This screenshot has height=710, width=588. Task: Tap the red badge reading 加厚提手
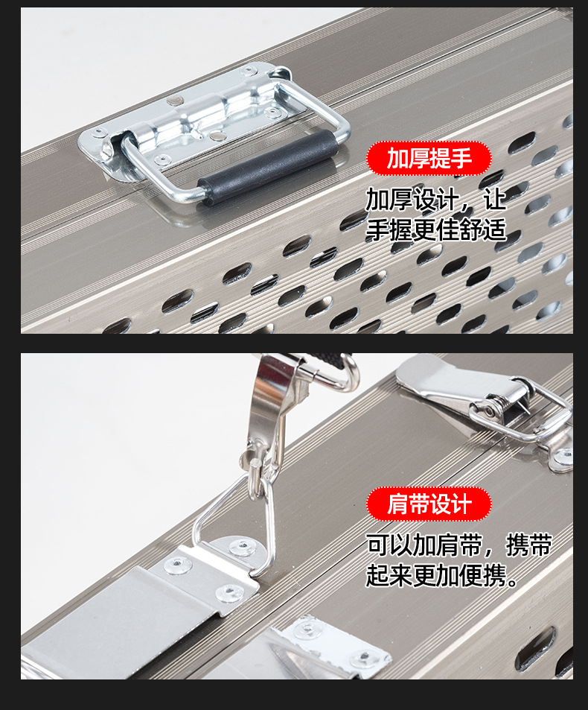[x=429, y=158]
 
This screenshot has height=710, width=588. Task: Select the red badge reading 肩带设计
[x=429, y=504]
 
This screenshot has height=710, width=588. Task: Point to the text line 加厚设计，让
[x=435, y=199]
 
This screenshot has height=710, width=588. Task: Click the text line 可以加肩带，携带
[x=458, y=545]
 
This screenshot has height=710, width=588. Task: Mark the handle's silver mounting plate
[x=186, y=119]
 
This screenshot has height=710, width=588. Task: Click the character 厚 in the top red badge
[x=418, y=158]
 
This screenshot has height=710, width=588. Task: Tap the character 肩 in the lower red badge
[x=397, y=504]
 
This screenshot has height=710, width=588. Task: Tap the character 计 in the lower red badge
[x=461, y=504]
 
